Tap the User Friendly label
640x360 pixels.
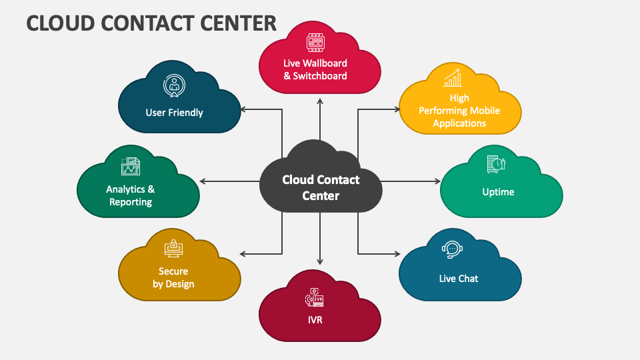[174, 113]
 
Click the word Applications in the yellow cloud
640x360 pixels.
[459, 123]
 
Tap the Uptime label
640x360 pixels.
[498, 192]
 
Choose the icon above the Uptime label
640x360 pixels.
[497, 165]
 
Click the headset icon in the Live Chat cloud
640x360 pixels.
[452, 250]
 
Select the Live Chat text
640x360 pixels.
[459, 279]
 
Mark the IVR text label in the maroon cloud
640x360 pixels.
[315, 319]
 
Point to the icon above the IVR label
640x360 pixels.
[315, 297]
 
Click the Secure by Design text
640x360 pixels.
[173, 277]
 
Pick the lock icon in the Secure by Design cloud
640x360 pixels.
[173, 248]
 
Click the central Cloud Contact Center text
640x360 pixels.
[321, 187]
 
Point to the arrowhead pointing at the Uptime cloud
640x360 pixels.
[438, 181]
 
